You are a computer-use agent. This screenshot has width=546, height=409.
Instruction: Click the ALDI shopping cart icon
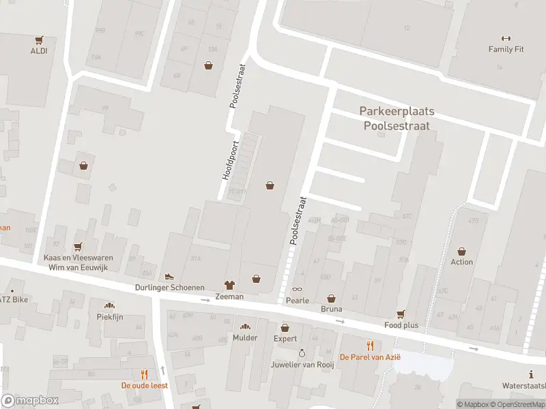click(x=38, y=40)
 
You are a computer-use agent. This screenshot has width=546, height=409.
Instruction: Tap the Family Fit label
click(x=505, y=49)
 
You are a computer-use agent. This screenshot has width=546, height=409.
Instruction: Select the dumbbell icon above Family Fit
click(x=506, y=38)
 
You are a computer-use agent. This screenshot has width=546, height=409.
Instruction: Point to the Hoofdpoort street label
click(x=229, y=160)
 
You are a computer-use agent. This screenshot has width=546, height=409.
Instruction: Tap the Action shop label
click(x=461, y=262)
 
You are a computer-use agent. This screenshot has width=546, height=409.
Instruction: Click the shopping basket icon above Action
click(x=462, y=251)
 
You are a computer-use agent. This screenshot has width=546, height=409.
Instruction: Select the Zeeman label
click(x=229, y=297)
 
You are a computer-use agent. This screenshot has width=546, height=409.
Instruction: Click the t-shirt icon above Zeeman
click(x=229, y=286)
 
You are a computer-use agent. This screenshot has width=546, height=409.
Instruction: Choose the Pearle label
click(x=298, y=300)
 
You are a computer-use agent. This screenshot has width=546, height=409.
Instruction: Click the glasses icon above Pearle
click(x=298, y=289)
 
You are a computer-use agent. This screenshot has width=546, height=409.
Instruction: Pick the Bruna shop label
click(x=332, y=309)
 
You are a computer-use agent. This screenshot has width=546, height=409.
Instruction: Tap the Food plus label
click(x=401, y=325)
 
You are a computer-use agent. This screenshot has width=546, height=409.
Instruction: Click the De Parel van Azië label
click(x=371, y=357)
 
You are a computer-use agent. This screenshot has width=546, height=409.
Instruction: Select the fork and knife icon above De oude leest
click(x=144, y=374)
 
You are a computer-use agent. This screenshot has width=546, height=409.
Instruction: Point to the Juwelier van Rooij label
click(x=302, y=364)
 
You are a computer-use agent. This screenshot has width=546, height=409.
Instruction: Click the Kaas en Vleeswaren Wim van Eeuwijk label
click(x=78, y=262)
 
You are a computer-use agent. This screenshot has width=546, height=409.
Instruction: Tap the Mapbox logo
click(x=29, y=400)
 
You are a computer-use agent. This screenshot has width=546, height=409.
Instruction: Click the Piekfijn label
click(x=109, y=316)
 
